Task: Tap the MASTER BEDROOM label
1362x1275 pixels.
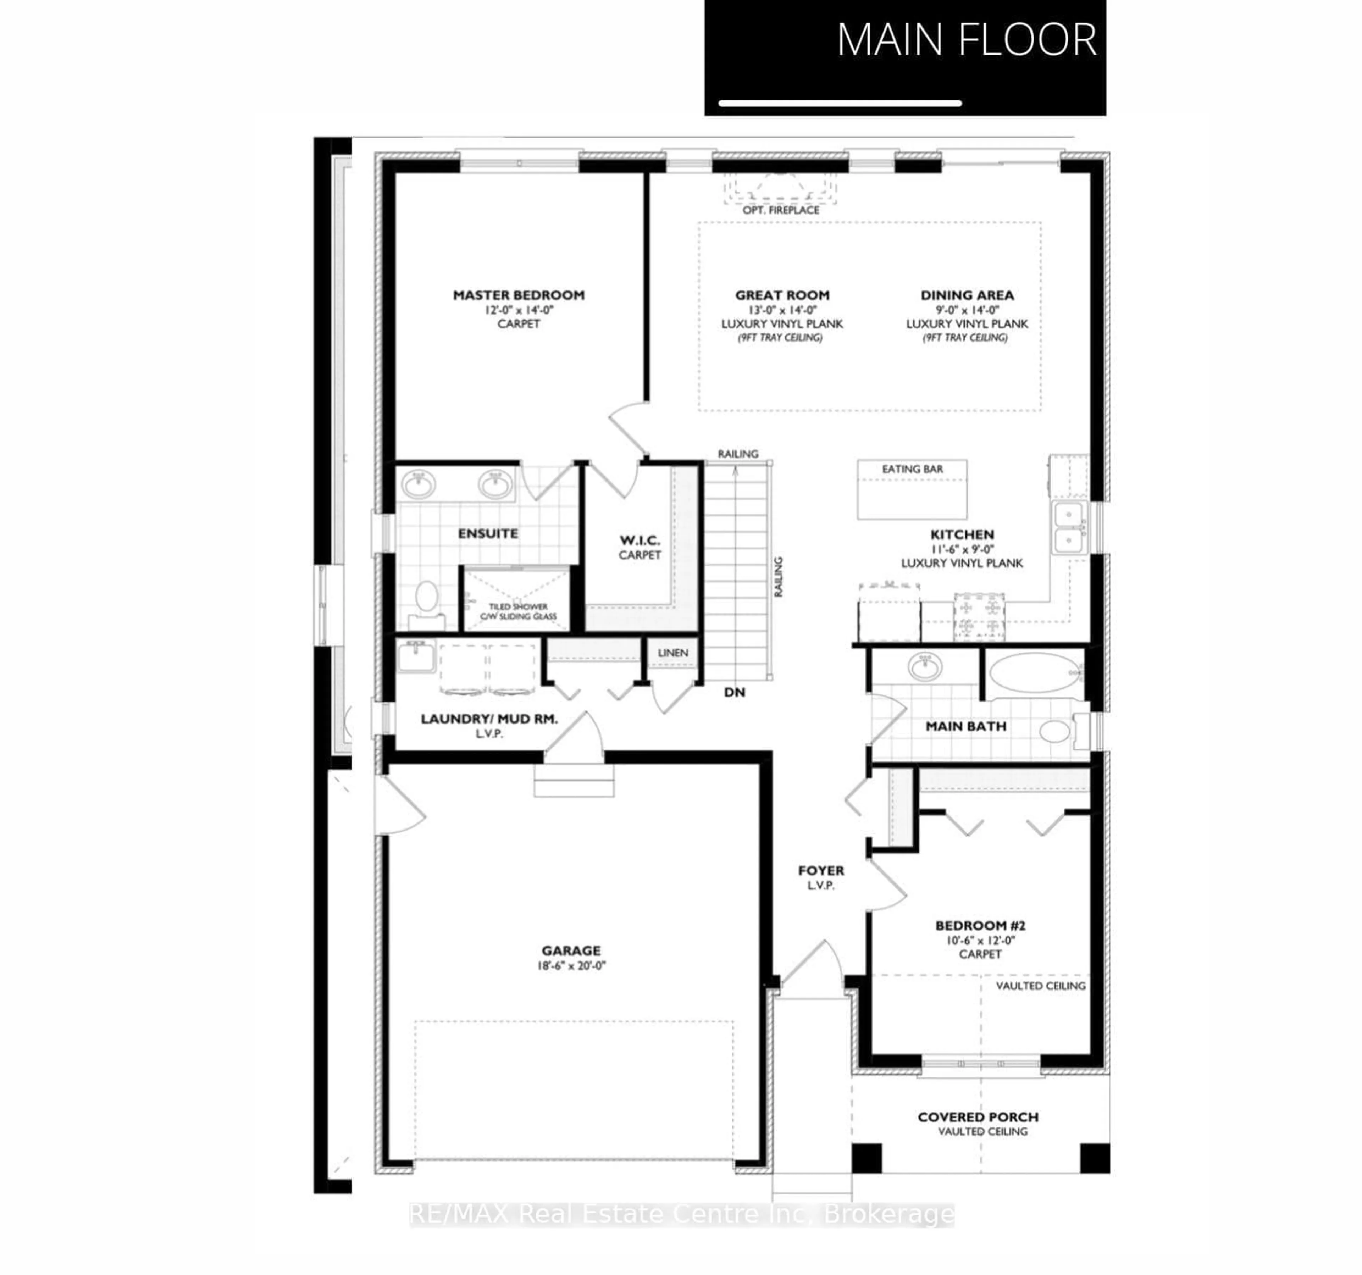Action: point(519,295)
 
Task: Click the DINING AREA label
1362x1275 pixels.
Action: point(967,295)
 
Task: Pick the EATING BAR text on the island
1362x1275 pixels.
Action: point(912,469)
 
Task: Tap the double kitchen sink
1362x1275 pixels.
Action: point(1068,527)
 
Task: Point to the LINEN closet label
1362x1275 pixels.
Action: point(673,653)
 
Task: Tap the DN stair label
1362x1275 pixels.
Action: point(735,693)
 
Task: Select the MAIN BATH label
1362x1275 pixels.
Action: point(966,726)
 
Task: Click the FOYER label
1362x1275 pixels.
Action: point(821,871)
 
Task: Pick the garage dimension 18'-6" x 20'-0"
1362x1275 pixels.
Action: point(571,966)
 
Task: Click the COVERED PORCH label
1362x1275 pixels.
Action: point(978,1117)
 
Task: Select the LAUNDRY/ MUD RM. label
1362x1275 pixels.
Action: point(489,719)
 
